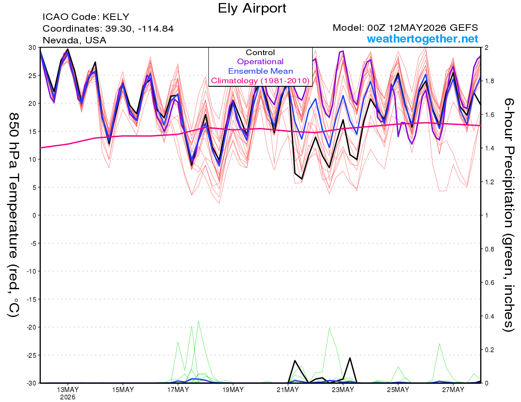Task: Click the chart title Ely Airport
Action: coord(252,8)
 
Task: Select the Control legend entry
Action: coord(260,52)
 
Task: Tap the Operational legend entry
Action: coord(260,62)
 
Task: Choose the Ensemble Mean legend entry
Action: coord(260,71)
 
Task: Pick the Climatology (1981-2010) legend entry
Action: coord(260,81)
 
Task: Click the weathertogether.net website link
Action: coord(422,39)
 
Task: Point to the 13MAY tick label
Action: coord(68,389)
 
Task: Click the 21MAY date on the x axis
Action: coord(288,389)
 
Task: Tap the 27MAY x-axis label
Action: coord(453,389)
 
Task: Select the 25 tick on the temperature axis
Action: coord(33,75)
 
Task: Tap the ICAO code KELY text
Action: coord(86,17)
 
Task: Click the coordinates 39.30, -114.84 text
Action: coord(108,29)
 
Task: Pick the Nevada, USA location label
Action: coord(74,40)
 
